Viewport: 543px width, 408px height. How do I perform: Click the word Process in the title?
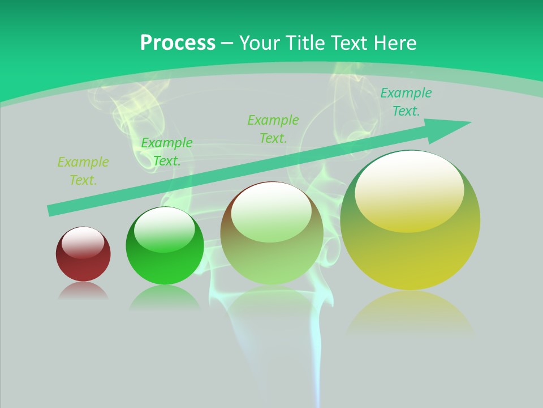(178, 43)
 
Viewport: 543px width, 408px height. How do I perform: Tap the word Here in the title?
(394, 43)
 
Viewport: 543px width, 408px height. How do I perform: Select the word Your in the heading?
(258, 43)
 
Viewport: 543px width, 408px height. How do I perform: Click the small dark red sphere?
(83, 254)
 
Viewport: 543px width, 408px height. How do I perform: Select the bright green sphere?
(165, 246)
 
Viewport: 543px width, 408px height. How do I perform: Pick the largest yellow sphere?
(410, 221)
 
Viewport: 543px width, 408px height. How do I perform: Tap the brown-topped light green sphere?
(271, 233)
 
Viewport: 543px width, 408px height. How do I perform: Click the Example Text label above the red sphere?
(83, 171)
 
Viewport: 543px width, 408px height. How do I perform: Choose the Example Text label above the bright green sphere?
(166, 152)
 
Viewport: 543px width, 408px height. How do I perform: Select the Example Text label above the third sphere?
(273, 129)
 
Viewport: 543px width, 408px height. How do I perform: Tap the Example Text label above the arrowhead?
(406, 102)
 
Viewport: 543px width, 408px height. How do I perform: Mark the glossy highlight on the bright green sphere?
(164, 231)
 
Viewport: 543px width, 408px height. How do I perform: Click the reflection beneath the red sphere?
(83, 291)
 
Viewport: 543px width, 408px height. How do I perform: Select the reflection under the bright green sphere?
(165, 297)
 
